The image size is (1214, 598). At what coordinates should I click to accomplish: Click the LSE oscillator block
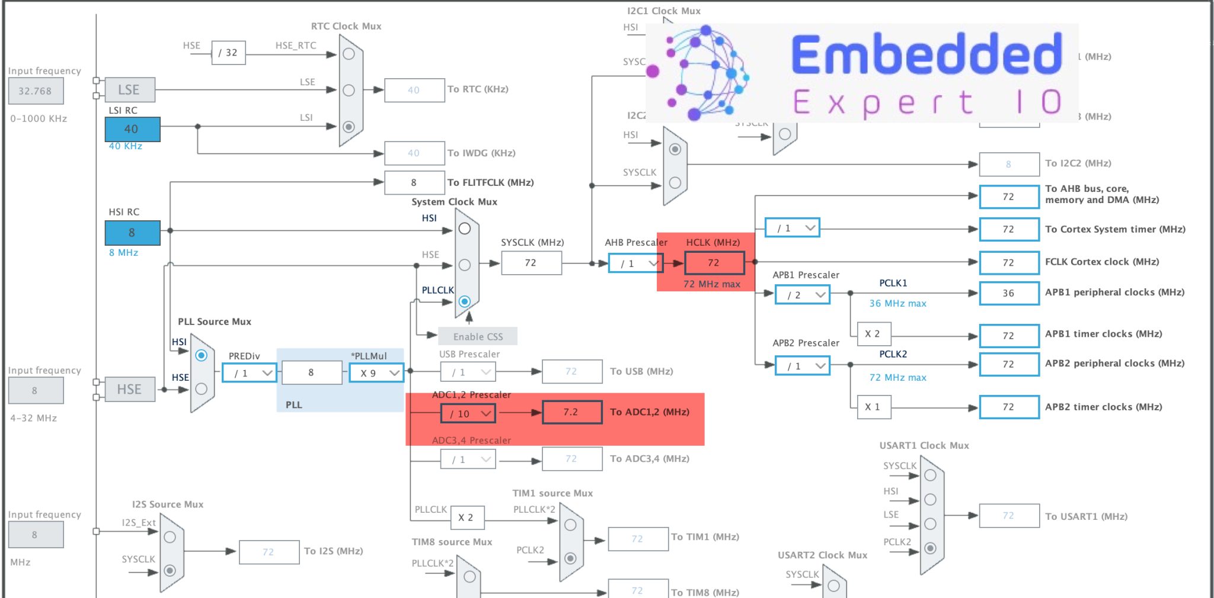(x=130, y=90)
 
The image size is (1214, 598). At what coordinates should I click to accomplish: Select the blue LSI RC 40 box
(x=132, y=129)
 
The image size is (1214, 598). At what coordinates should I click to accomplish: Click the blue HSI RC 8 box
(x=132, y=233)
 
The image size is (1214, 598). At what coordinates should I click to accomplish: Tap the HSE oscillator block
(x=130, y=390)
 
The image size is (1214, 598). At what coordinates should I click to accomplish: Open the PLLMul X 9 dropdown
(x=376, y=373)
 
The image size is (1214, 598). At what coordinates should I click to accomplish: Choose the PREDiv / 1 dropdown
(x=249, y=373)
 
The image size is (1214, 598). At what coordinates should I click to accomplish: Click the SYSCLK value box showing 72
(x=531, y=263)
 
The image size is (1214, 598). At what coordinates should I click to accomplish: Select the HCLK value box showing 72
(x=714, y=263)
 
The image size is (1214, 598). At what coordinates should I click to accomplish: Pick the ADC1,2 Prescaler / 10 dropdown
(x=468, y=413)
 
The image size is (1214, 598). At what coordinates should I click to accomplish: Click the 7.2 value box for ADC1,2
(x=571, y=412)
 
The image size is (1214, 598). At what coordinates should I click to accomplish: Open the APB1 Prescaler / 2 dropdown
(x=802, y=295)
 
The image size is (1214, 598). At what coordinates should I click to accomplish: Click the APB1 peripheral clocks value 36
(x=1009, y=294)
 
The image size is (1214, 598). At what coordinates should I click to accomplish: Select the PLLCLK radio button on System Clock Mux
(x=465, y=301)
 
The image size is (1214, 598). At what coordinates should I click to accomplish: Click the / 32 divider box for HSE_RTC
(x=228, y=53)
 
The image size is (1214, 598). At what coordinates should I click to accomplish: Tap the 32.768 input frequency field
(x=36, y=91)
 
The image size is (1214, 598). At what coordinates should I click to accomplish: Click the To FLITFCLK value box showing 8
(x=414, y=182)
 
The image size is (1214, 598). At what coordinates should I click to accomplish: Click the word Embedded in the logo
(x=926, y=54)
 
